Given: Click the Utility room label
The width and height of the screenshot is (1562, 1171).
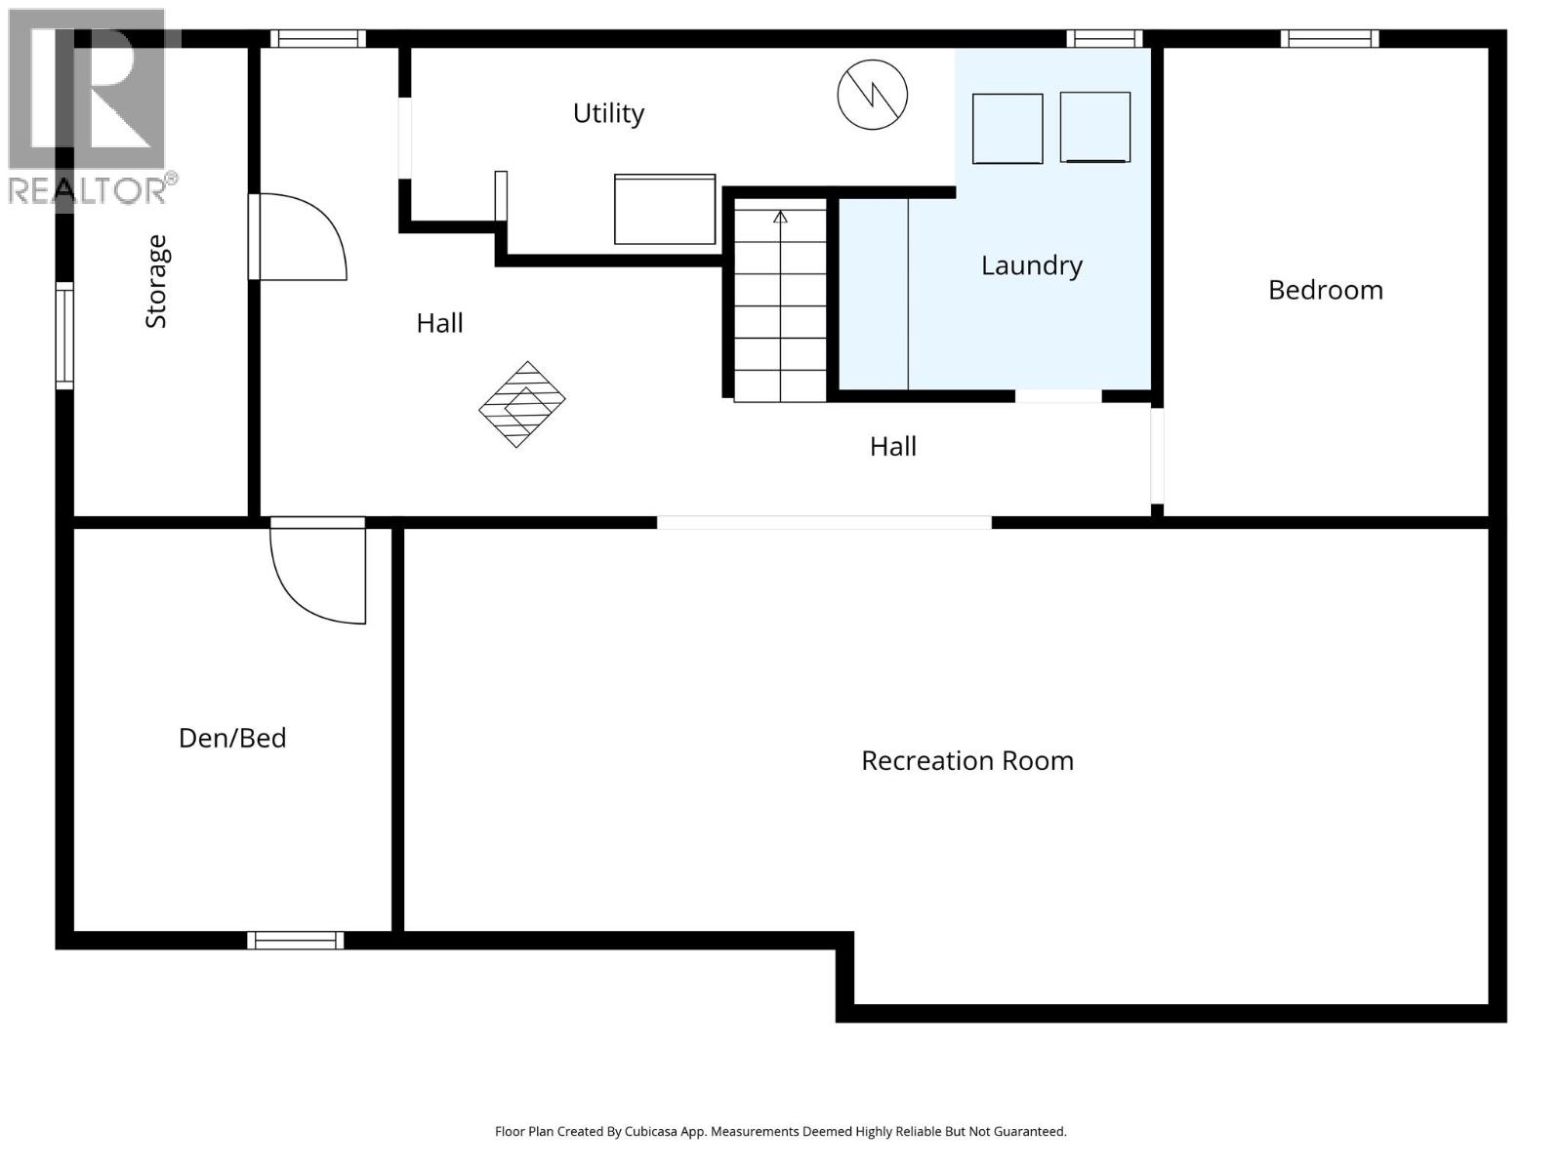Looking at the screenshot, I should [x=608, y=113].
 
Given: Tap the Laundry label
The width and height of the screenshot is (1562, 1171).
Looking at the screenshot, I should [x=1031, y=265].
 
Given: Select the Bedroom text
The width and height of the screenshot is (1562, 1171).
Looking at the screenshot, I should [x=1325, y=290].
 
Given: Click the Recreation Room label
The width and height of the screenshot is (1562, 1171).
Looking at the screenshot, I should [x=966, y=760].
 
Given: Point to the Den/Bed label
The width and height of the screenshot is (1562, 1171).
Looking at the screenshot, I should [x=232, y=738].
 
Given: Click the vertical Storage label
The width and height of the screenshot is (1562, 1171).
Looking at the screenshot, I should [x=156, y=282].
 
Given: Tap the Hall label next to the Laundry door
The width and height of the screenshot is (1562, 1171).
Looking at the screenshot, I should [x=892, y=446].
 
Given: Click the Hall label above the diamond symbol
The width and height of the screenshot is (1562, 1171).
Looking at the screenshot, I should [x=439, y=323].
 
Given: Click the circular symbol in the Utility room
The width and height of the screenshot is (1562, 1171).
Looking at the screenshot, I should [x=872, y=95].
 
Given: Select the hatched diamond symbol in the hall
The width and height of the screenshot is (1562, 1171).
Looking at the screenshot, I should [x=522, y=404].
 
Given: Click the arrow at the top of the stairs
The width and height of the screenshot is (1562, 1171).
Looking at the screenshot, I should [x=780, y=217].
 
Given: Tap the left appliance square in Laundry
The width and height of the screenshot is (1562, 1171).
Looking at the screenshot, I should [x=1007, y=129].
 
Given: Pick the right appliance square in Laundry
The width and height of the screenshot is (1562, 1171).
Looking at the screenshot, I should [x=1094, y=128].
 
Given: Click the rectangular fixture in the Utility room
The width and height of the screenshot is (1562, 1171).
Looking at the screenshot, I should [x=664, y=209].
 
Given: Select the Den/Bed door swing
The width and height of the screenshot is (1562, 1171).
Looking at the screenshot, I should [x=317, y=574].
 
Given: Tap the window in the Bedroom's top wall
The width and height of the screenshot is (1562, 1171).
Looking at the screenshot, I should [x=1330, y=39].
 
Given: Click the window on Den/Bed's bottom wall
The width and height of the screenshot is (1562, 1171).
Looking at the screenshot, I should [x=295, y=940].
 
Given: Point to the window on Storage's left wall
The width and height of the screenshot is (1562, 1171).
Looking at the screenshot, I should [x=64, y=336].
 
